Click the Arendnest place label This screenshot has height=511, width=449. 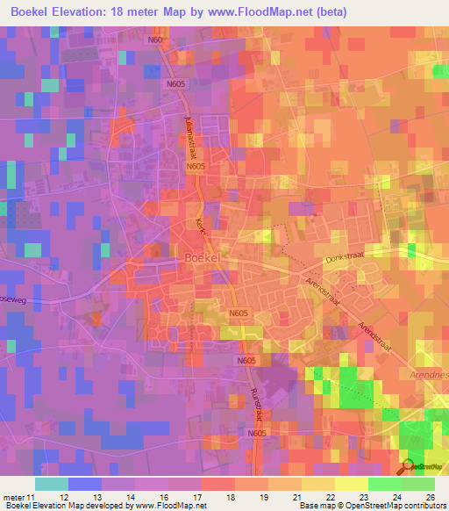click(x=429, y=373)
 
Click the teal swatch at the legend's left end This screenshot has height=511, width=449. click(x=52, y=484)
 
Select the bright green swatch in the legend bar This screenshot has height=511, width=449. click(x=383, y=484)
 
